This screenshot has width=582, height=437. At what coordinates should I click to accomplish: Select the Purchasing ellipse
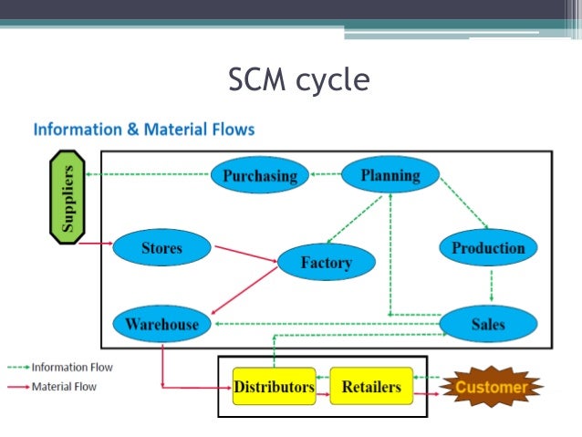pyautogui.click(x=260, y=175)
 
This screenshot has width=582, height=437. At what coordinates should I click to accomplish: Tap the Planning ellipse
pyautogui.click(x=390, y=174)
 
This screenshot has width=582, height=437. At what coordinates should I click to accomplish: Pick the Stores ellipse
pyautogui.click(x=161, y=248)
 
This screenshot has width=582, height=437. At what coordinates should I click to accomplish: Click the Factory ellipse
pyautogui.click(x=326, y=263)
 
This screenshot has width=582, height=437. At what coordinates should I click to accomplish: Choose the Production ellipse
pyautogui.click(x=488, y=248)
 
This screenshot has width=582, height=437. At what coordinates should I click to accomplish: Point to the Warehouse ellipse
pyautogui.click(x=161, y=323)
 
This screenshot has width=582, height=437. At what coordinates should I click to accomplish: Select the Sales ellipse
pyautogui.click(x=488, y=323)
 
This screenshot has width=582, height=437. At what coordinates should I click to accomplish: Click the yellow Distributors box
pyautogui.click(x=274, y=387)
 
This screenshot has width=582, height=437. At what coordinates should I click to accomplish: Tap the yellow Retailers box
pyautogui.click(x=370, y=387)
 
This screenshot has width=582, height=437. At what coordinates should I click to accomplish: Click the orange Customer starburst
pyautogui.click(x=492, y=387)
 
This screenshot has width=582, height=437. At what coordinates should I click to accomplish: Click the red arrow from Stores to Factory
pyautogui.click(x=244, y=253)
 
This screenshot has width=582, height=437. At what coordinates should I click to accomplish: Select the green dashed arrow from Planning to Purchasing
pyautogui.click(x=325, y=174)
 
